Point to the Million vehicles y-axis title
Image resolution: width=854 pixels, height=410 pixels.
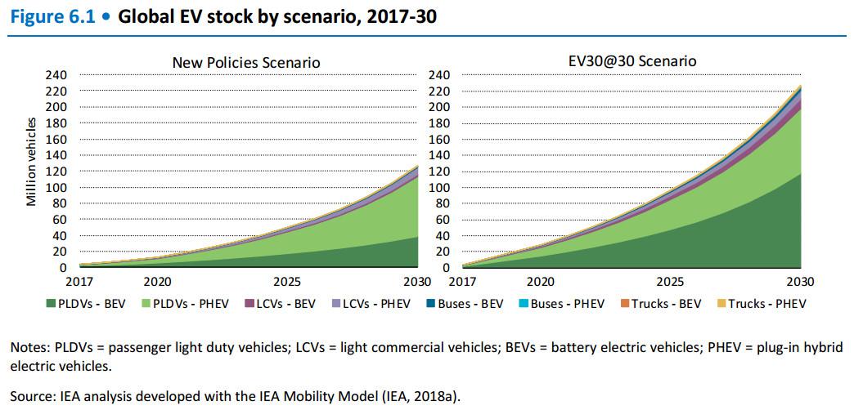[x=31, y=163]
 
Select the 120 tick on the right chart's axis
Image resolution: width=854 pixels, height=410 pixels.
[x=439, y=172]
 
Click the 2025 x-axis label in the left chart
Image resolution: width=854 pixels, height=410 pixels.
[x=287, y=283]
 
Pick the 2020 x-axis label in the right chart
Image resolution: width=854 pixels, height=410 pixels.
[x=540, y=283]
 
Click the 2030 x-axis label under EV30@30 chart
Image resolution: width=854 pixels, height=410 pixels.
[x=799, y=283]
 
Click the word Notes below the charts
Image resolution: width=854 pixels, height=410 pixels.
[x=27, y=347]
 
